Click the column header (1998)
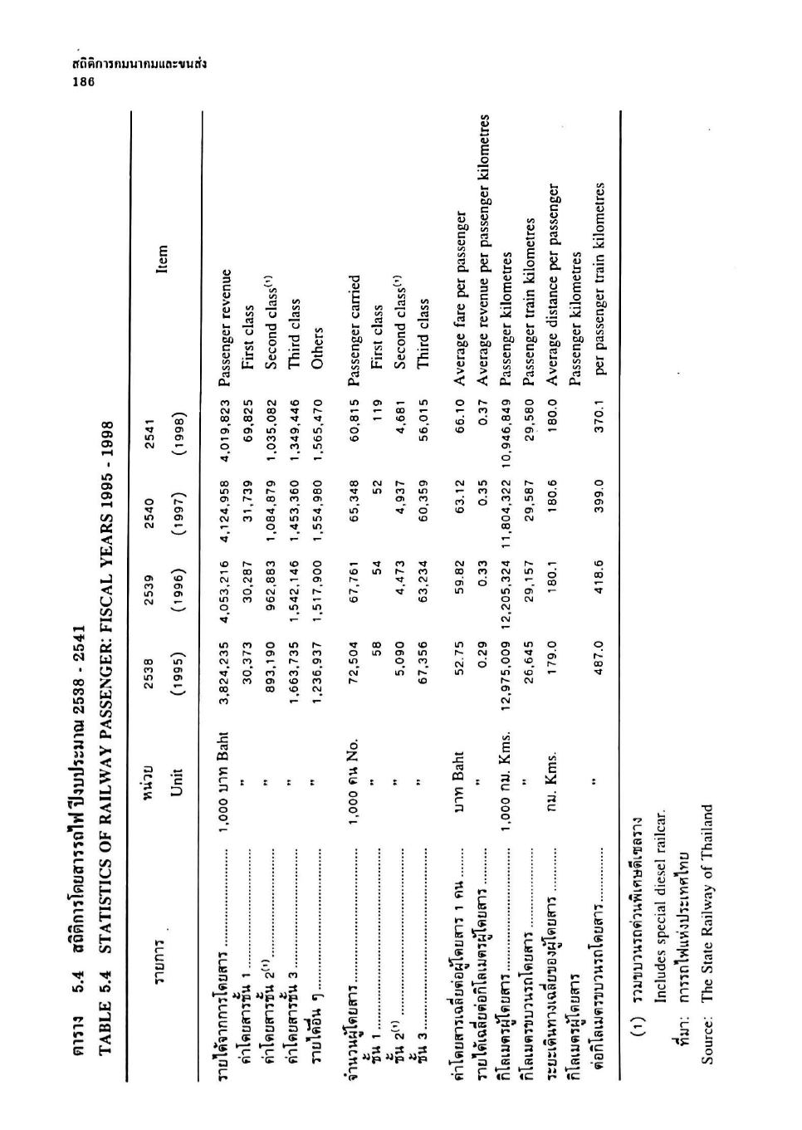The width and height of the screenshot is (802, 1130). pos(175,426)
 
